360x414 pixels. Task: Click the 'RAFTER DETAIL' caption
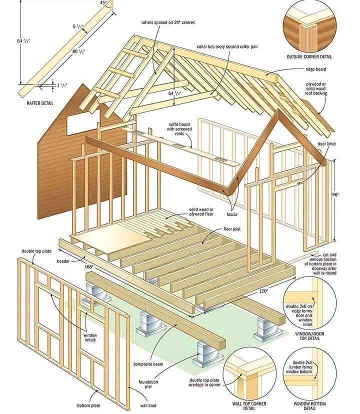click(39, 103)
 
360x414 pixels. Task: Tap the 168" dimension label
click(88, 267)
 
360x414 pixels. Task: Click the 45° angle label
click(103, 3)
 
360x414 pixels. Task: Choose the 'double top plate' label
click(34, 251)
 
